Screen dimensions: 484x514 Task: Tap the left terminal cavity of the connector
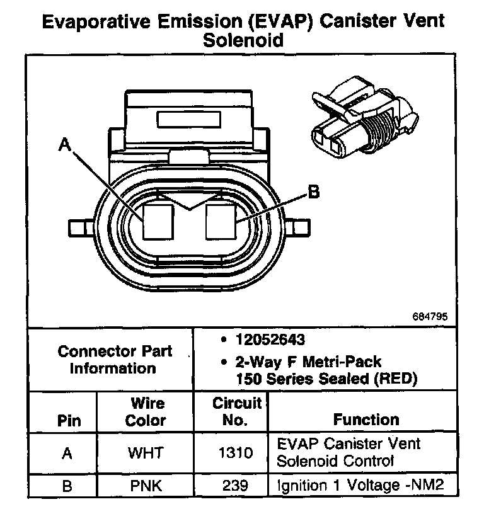pyautogui.click(x=158, y=222)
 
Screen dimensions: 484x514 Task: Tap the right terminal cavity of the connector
pyautogui.click(x=221, y=222)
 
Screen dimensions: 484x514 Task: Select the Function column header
pyautogui.click(x=366, y=420)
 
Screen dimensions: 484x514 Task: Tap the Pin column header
pyautogui.click(x=69, y=421)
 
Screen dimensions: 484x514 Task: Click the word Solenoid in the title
pyautogui.click(x=243, y=40)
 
